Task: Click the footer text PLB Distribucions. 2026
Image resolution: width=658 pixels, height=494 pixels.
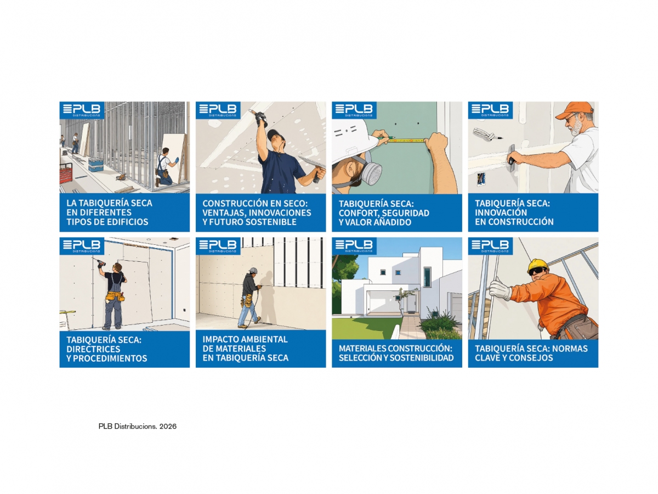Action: click(137, 426)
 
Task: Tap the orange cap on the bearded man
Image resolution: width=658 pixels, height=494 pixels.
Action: click(574, 110)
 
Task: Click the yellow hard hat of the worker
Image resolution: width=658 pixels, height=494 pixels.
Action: click(537, 266)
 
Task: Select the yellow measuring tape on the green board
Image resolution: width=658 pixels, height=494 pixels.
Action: click(406, 140)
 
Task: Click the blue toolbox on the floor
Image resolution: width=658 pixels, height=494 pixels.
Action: click(96, 165)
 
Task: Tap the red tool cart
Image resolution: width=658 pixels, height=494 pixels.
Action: click(66, 176)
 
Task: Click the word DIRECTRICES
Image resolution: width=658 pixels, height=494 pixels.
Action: click(93, 349)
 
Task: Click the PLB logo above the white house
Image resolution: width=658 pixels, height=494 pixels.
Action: click(354, 246)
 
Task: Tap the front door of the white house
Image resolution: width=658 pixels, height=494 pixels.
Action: click(411, 303)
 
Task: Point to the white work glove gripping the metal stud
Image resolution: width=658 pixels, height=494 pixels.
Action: click(500, 289)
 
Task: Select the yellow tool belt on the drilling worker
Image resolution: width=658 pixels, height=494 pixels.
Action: click(115, 296)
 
